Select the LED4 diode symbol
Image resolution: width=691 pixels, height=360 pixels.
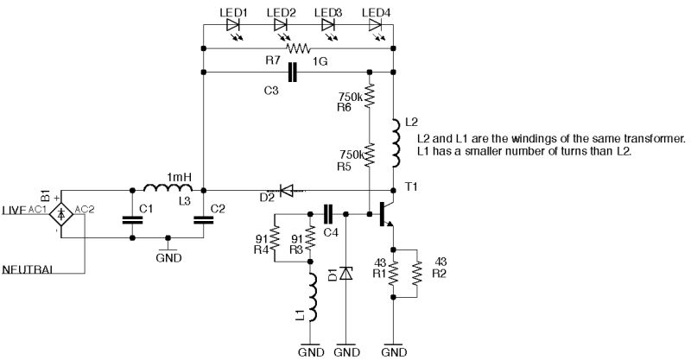click(376, 26)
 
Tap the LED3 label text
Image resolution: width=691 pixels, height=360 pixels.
click(327, 10)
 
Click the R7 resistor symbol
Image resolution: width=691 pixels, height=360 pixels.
click(298, 49)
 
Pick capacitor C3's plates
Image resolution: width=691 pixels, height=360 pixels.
click(293, 73)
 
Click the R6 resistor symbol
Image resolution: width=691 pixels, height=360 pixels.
click(369, 96)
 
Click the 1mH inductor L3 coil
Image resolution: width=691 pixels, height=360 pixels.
click(167, 187)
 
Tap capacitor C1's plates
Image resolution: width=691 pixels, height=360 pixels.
click(132, 219)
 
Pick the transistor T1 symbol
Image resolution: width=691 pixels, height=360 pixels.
click(384, 212)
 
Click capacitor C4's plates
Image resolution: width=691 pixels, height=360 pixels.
click(328, 212)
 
